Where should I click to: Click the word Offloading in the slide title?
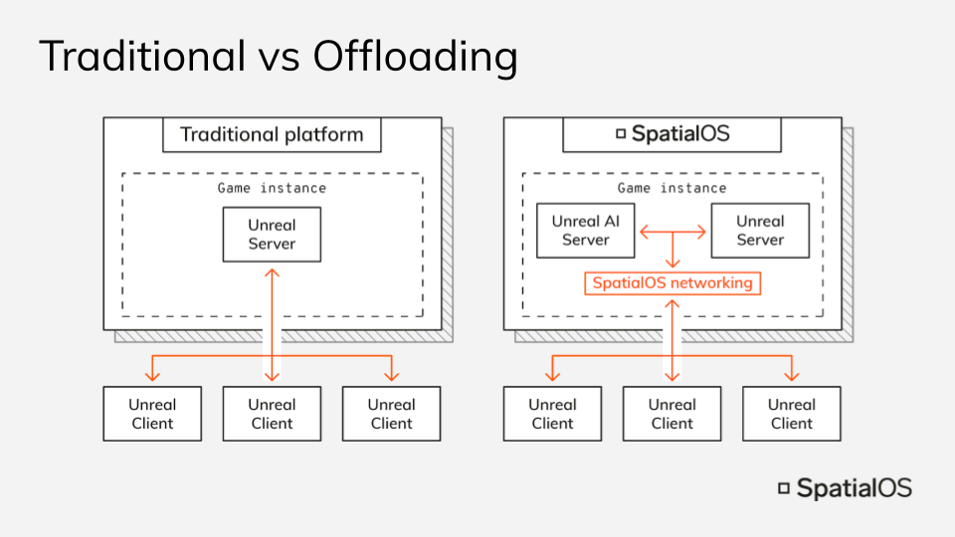(415, 58)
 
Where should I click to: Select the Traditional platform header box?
(272, 134)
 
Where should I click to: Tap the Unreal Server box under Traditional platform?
(272, 235)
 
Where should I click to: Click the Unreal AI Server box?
(585, 231)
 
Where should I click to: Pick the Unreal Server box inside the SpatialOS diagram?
(760, 231)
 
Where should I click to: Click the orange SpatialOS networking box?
(672, 283)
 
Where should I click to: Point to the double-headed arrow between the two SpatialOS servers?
(672, 232)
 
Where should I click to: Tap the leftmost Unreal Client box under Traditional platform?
(152, 414)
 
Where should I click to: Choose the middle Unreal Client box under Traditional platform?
(272, 414)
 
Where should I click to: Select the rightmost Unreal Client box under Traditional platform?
(391, 414)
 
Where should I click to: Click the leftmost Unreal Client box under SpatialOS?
(552, 414)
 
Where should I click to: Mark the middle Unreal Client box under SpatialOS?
(672, 414)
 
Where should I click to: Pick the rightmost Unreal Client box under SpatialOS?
(792, 414)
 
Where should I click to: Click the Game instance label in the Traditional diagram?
(272, 188)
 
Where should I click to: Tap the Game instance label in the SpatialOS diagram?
(672, 188)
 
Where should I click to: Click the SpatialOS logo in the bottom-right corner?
(845, 488)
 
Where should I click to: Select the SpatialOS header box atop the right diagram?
(672, 134)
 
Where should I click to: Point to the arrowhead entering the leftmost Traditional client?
(152, 375)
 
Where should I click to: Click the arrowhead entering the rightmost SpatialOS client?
(792, 375)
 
